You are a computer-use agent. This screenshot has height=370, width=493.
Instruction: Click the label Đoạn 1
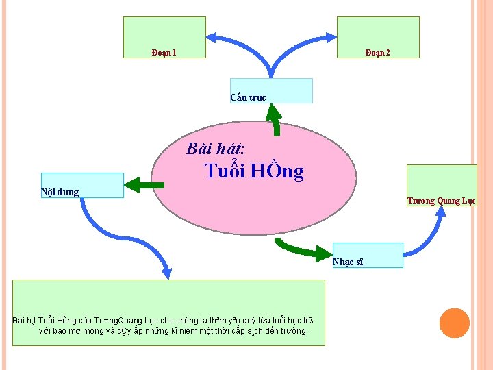(x=164, y=53)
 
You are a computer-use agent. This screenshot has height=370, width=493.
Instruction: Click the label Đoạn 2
(x=377, y=53)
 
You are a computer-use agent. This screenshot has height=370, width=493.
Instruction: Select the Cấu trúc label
(x=248, y=97)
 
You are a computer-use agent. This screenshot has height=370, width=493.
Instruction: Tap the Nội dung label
(x=60, y=192)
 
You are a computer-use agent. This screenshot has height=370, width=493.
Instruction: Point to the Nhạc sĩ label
(x=348, y=262)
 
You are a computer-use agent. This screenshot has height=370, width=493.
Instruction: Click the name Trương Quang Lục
(x=441, y=201)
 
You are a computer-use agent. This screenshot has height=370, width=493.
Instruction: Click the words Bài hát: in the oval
(x=216, y=149)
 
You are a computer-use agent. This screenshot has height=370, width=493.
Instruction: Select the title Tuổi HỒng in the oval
(x=254, y=171)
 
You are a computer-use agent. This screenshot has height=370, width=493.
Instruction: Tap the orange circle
(x=454, y=323)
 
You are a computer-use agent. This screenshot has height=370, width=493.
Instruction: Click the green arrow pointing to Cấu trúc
(x=275, y=119)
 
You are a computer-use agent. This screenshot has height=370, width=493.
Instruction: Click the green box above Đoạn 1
(x=164, y=32)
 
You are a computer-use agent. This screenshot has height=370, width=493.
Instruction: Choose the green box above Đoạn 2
(x=377, y=32)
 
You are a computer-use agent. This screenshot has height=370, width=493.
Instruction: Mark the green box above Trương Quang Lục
(x=441, y=180)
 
